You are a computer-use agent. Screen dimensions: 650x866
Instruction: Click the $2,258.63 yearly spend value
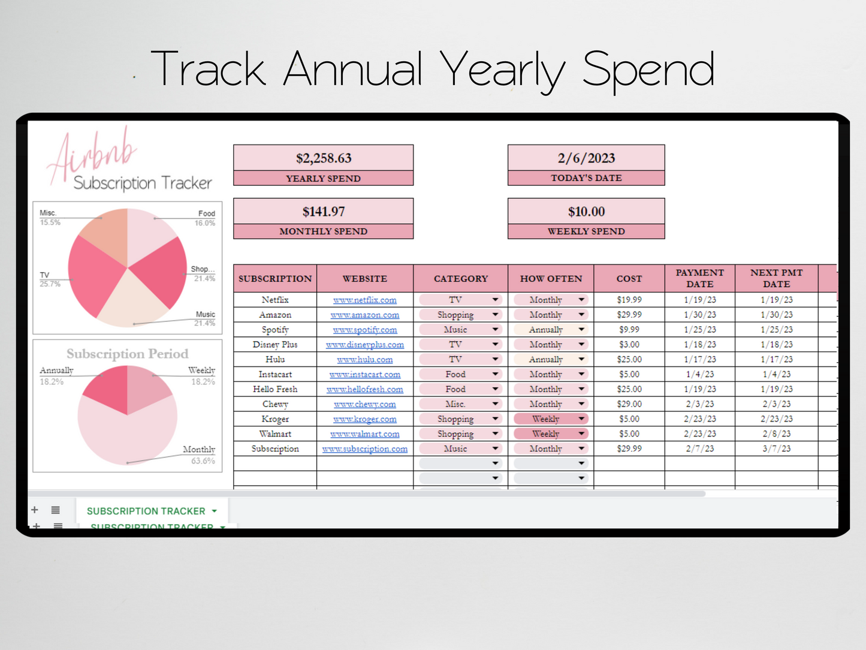point(323,158)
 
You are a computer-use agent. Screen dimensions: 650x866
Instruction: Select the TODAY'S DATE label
point(586,178)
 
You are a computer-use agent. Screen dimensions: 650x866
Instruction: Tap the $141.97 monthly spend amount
point(323,212)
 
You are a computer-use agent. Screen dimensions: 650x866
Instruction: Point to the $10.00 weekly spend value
point(586,212)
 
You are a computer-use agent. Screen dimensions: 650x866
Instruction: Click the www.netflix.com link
point(364,300)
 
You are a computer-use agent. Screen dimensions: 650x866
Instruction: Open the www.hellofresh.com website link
point(364,389)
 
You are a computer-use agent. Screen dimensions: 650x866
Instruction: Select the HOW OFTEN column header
point(550,279)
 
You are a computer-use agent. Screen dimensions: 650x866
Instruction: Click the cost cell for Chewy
point(629,404)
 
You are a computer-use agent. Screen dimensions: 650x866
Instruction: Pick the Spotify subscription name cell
point(275,330)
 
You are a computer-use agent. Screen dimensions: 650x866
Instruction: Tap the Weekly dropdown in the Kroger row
point(550,419)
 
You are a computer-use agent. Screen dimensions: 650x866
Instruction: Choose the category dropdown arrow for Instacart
point(495,374)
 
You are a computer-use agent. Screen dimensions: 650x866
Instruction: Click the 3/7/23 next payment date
point(776,449)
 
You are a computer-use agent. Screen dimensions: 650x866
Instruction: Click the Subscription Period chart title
point(127,354)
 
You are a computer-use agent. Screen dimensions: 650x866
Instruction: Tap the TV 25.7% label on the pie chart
point(49,279)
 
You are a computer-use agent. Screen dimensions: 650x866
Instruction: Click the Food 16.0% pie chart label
point(205,218)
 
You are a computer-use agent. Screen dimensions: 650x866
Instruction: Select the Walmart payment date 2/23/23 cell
point(699,434)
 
